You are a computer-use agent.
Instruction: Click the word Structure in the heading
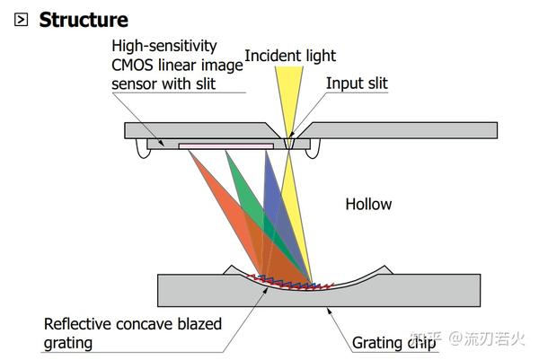tap(84, 20)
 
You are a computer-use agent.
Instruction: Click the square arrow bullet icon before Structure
tap(21, 19)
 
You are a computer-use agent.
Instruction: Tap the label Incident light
tap(290, 56)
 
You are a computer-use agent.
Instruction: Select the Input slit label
tap(357, 83)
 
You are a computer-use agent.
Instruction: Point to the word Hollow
tap(368, 204)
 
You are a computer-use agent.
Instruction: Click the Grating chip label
tap(394, 343)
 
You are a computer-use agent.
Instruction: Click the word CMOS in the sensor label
tap(132, 65)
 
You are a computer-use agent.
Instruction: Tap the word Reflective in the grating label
tap(77, 324)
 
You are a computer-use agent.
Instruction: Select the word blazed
tap(199, 324)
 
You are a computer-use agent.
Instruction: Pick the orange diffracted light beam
tap(234, 220)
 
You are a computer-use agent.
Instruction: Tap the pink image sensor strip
tap(225, 146)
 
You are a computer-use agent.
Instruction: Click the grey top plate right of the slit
tap(399, 130)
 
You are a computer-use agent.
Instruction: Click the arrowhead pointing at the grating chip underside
tap(329, 312)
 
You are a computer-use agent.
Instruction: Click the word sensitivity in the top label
tap(181, 47)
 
